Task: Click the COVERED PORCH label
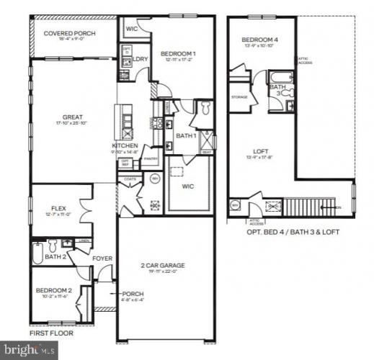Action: pyautogui.click(x=71, y=33)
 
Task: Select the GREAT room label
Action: pyautogui.click(x=72, y=117)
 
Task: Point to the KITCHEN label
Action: pyautogui.click(x=124, y=145)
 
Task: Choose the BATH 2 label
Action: pyautogui.click(x=54, y=256)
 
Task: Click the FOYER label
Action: pyautogui.click(x=101, y=256)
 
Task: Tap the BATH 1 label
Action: pyautogui.click(x=187, y=135)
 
